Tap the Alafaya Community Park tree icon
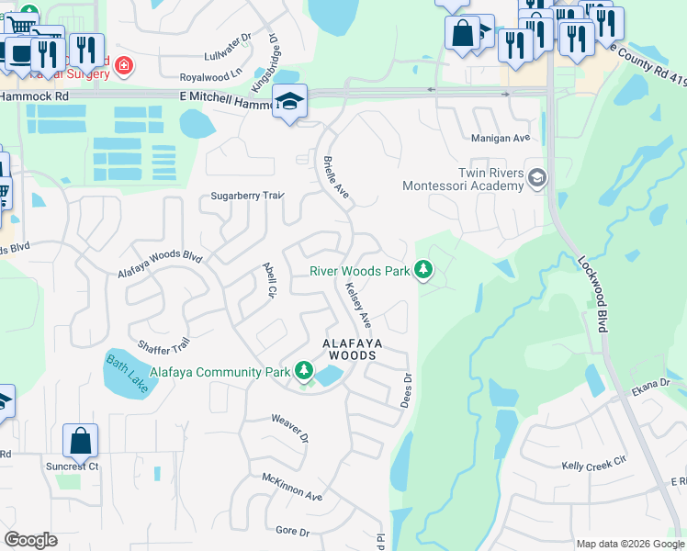point(304,371)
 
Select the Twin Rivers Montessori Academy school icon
point(536,177)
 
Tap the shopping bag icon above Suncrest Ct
point(80,441)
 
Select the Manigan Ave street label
point(501,138)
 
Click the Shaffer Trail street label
point(163,344)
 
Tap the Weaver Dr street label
point(287,427)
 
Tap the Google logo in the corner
point(30,540)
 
